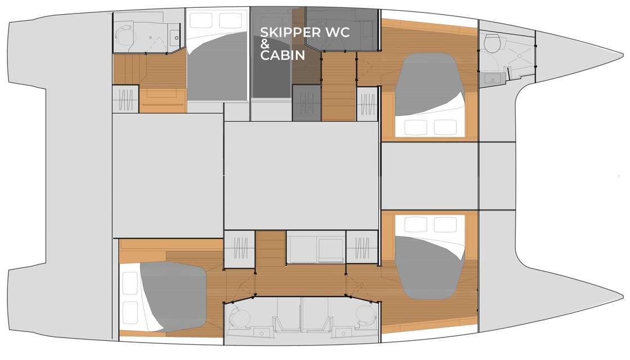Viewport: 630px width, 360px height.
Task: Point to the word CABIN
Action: click(x=282, y=55)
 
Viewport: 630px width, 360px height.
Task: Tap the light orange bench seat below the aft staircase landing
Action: click(x=163, y=101)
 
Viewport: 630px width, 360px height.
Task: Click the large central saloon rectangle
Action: click(x=301, y=175)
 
